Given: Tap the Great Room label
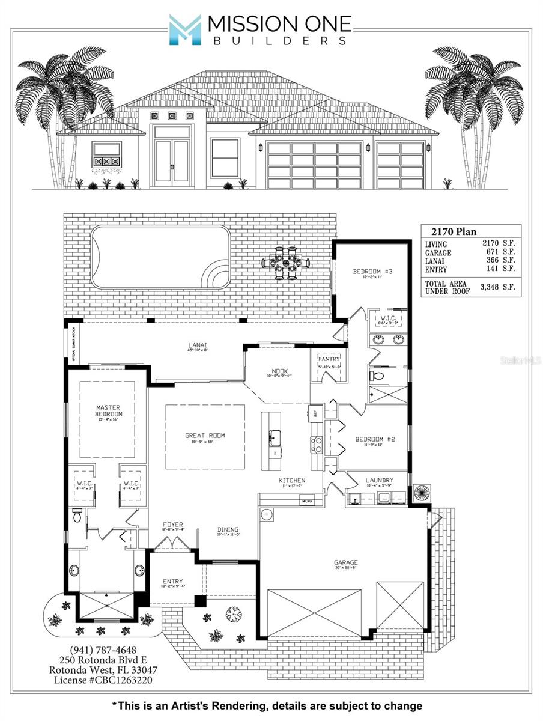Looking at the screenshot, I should click(205, 436).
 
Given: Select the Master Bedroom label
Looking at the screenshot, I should click(109, 411).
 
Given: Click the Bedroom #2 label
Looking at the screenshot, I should click(375, 439).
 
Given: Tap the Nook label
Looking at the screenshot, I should click(278, 371).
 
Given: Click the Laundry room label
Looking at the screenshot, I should click(379, 480).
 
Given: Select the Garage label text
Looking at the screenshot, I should click(345, 563).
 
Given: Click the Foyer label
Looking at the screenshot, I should click(172, 525).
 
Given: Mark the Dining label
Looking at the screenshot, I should click(228, 529).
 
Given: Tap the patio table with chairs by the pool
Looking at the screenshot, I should click(285, 263).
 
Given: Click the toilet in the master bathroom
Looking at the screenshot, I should click(77, 515).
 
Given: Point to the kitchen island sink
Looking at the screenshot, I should click(275, 436).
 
